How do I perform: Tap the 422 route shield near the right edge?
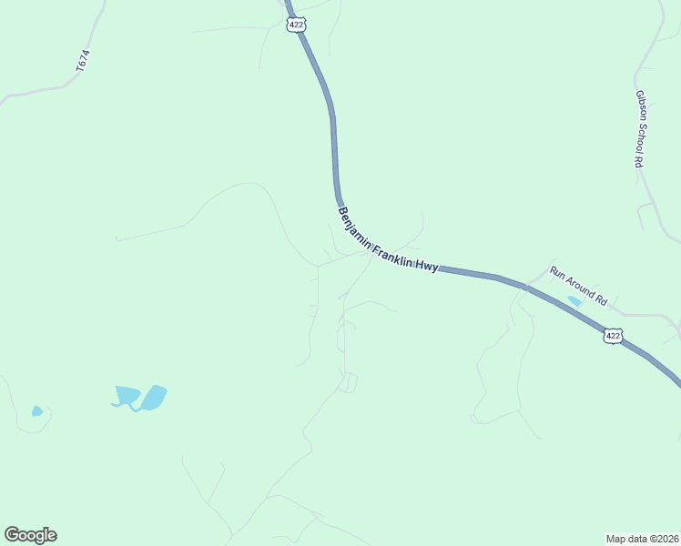pos(613,336)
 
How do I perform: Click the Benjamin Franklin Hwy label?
pos(388,240)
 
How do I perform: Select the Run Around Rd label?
pos(578,284)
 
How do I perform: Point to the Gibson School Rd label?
pos(639,128)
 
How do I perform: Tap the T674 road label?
pos(83,62)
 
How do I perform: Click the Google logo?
pos(30,535)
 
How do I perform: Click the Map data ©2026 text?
pos(642,538)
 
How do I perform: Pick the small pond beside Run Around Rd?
pos(574,300)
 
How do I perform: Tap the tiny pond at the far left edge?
pos(36,411)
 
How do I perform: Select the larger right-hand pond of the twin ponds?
pos(153,398)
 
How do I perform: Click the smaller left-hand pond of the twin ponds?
pos(127,395)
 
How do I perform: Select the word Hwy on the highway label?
pos(427,265)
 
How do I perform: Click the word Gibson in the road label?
pos(640,102)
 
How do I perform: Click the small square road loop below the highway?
pos(349,383)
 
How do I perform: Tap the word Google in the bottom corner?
pos(30,535)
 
